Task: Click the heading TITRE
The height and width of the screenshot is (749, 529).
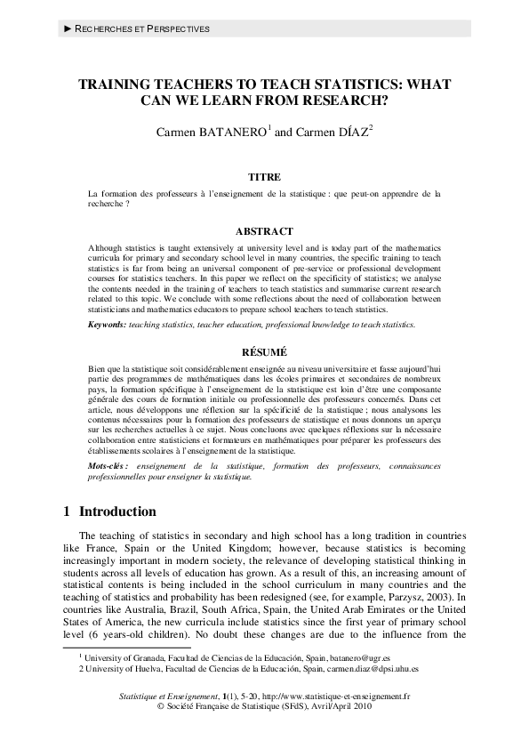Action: tap(264, 177)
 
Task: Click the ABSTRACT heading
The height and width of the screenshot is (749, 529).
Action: tap(264, 231)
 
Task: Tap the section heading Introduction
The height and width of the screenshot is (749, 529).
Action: tap(118, 512)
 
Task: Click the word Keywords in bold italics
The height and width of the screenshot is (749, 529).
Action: tap(107, 326)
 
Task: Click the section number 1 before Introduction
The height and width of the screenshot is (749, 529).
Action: tap(68, 512)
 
